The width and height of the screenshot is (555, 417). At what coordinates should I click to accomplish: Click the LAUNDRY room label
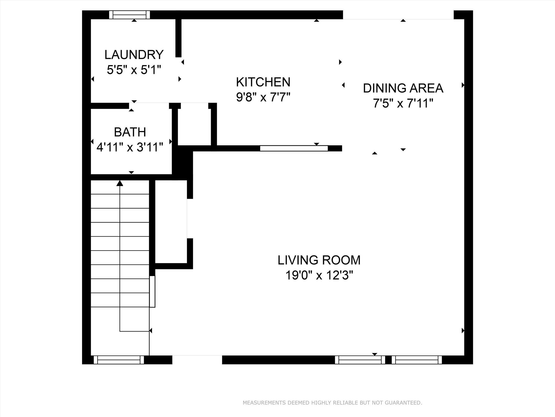pyautogui.click(x=134, y=55)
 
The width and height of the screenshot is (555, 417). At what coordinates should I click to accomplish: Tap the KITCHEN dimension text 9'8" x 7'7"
pyautogui.click(x=263, y=97)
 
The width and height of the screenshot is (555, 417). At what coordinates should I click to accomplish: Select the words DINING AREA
pyautogui.click(x=403, y=88)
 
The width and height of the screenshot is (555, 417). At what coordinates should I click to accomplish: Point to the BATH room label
pyautogui.click(x=130, y=132)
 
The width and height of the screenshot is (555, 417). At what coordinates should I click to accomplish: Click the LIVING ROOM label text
pyautogui.click(x=319, y=260)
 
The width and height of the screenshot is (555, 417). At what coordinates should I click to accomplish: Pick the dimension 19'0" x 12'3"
pyautogui.click(x=319, y=276)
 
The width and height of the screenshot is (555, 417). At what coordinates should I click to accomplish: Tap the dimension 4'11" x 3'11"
pyautogui.click(x=130, y=147)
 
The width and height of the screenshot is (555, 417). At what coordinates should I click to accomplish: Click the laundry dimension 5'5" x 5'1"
pyautogui.click(x=134, y=70)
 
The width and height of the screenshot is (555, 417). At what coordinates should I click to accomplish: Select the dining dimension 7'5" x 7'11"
pyautogui.click(x=403, y=103)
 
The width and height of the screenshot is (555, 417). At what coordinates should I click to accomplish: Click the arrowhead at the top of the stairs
pyautogui.click(x=120, y=183)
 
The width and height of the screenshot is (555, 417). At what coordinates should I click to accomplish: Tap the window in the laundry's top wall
pyautogui.click(x=130, y=15)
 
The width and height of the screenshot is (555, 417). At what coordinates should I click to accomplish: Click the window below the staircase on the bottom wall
pyautogui.click(x=119, y=360)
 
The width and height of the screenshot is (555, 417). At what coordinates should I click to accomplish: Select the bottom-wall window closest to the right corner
pyautogui.click(x=417, y=360)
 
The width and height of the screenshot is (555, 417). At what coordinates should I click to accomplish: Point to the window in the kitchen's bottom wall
pyautogui.click(x=294, y=148)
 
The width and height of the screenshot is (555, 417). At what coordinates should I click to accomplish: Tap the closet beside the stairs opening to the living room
pyautogui.click(x=171, y=221)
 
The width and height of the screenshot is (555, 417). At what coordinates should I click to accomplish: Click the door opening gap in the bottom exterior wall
pyautogui.click(x=197, y=360)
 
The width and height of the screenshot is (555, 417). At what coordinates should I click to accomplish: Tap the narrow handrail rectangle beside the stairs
pyautogui.click(x=153, y=291)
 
